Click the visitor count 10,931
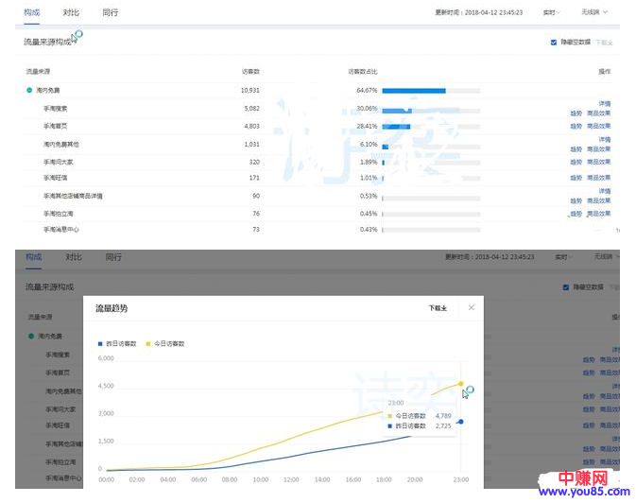pyautogui.click(x=249, y=90)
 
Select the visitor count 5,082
pyautogui.click(x=250, y=108)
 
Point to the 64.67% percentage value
pyautogui.click(x=367, y=90)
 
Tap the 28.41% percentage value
pyautogui.click(x=367, y=126)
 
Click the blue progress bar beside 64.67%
pyautogui.click(x=413, y=91)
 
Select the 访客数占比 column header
pyautogui.click(x=362, y=71)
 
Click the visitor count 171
pyautogui.click(x=253, y=178)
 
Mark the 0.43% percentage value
pyautogui.click(x=369, y=230)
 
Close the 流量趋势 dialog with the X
pyautogui.click(x=471, y=307)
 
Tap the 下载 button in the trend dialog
pyautogui.click(x=437, y=308)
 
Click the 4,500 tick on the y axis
pyautogui.click(x=106, y=386)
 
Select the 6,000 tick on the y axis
pyautogui.click(x=106, y=358)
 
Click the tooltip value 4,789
pyautogui.click(x=443, y=415)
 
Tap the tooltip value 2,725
pyautogui.click(x=443, y=425)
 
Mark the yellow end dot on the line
pyautogui.click(x=460, y=384)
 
